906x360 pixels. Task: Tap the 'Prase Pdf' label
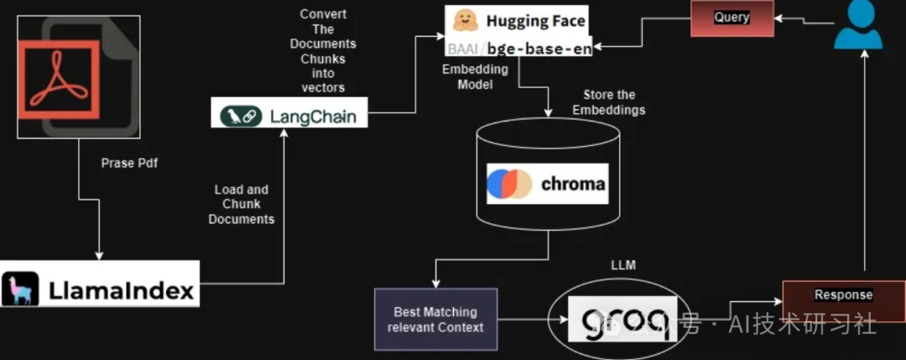pyautogui.click(x=129, y=164)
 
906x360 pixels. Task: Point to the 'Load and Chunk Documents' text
pyautogui.click(x=241, y=205)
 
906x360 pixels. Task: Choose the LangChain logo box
pyautogui.click(x=289, y=114)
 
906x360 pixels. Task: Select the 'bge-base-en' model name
pyautogui.click(x=550, y=48)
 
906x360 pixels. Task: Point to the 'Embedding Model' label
pyautogui.click(x=475, y=77)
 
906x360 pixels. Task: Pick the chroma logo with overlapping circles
pyautogui.click(x=508, y=185)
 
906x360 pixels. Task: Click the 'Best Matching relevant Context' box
pyautogui.click(x=435, y=318)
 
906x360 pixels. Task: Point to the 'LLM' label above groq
pyautogui.click(x=624, y=266)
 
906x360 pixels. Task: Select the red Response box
pyautogui.click(x=843, y=295)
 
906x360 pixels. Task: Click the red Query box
pyautogui.click(x=732, y=18)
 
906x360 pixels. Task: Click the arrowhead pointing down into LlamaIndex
pyautogui.click(x=100, y=254)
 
